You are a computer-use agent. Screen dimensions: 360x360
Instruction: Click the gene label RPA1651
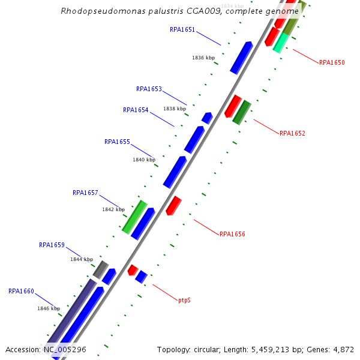point(182,29)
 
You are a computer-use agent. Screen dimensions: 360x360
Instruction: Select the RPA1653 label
point(149,89)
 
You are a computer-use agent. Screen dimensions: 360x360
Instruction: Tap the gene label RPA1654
point(136,110)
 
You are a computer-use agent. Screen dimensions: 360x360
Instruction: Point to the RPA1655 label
point(117,142)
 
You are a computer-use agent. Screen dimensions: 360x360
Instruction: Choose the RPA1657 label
point(85,193)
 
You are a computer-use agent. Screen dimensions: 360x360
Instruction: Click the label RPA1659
point(52,245)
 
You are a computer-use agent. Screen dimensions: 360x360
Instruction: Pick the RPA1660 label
point(21,291)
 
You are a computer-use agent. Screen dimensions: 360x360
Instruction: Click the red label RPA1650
point(332,62)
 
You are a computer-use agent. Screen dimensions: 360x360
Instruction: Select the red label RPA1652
point(292,133)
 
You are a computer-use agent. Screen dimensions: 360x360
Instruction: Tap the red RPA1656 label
point(232,234)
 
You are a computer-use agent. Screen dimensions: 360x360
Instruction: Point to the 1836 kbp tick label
point(203,58)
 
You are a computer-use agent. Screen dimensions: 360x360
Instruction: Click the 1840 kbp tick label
point(144,160)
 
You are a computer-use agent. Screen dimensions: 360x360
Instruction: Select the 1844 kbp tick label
point(82,260)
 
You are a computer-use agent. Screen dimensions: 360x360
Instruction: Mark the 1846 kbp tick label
point(49,308)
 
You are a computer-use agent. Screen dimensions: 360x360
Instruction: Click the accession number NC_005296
point(65,349)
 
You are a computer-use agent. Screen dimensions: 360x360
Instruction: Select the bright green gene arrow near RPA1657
point(134,217)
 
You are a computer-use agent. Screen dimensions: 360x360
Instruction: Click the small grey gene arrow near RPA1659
point(100,269)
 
